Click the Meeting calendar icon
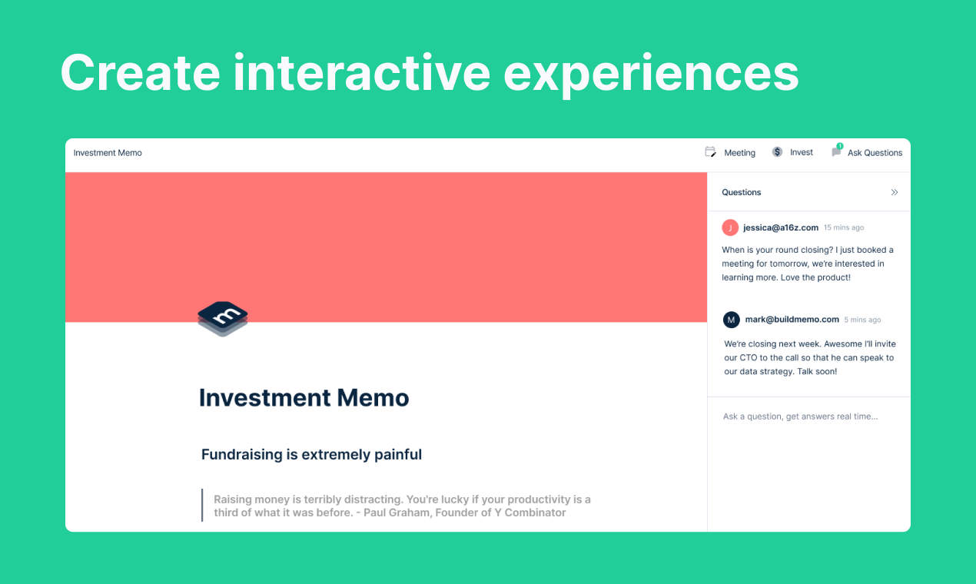[710, 152]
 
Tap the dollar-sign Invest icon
[777, 152]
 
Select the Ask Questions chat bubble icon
[836, 152]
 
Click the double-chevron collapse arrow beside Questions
[894, 192]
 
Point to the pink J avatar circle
[730, 227]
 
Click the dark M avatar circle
[732, 320]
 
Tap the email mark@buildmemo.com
[792, 320]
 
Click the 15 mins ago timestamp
[844, 228]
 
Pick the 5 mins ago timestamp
[862, 320]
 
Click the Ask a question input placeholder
[800, 416]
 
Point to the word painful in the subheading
[398, 455]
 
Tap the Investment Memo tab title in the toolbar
[108, 153]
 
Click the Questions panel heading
[742, 192]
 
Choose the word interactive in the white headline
[361, 74]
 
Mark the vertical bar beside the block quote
[202, 506]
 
